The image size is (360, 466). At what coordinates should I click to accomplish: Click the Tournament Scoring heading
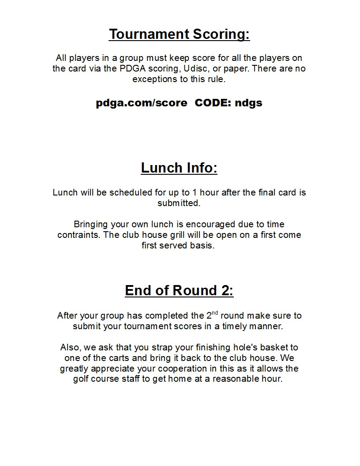click(x=179, y=34)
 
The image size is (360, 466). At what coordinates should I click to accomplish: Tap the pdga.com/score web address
click(x=141, y=103)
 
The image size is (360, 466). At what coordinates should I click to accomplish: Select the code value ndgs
click(x=248, y=103)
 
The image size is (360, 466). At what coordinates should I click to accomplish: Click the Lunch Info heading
click(x=179, y=168)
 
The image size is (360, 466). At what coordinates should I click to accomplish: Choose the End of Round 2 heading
click(x=179, y=290)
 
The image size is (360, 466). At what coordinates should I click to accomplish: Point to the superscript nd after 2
click(x=214, y=313)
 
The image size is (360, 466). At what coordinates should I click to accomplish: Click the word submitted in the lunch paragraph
click(x=179, y=203)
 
